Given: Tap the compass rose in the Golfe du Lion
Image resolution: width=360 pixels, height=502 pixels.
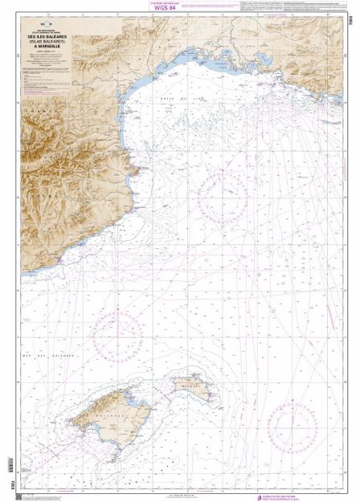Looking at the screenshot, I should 222,195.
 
